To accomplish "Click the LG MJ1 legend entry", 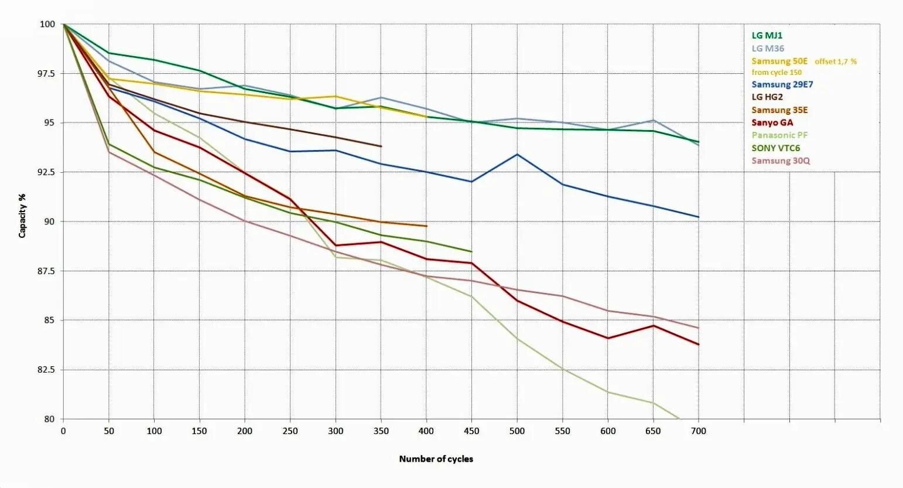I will (x=767, y=36).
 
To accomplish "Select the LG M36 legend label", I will (x=768, y=49).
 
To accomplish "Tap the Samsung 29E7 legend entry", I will (x=782, y=84).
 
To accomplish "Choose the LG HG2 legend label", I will (x=767, y=97).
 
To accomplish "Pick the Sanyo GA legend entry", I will (x=772, y=122).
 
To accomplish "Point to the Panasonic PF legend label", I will (x=779, y=135).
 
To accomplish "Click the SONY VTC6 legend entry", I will (x=776, y=148).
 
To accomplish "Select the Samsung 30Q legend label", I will (x=781, y=161).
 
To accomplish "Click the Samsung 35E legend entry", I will (x=779, y=110).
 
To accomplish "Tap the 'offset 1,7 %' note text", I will (x=836, y=62).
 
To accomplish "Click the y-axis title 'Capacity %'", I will (x=23, y=215).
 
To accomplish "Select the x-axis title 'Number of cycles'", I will (x=436, y=459).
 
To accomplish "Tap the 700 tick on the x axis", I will (x=699, y=431).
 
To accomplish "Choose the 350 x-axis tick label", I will (x=381, y=431).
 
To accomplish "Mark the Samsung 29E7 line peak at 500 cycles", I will (x=517, y=155).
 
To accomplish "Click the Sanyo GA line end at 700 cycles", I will (x=698, y=344).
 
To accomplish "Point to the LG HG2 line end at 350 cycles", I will (x=381, y=146).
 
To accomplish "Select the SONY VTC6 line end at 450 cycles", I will (x=471, y=252).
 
